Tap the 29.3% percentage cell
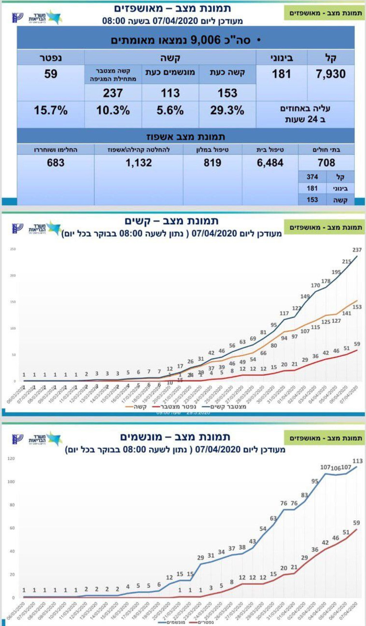pos(227,110)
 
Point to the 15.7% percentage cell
pos(51,110)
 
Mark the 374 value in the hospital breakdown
pos(312,176)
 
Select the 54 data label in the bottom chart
pos(263,528)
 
